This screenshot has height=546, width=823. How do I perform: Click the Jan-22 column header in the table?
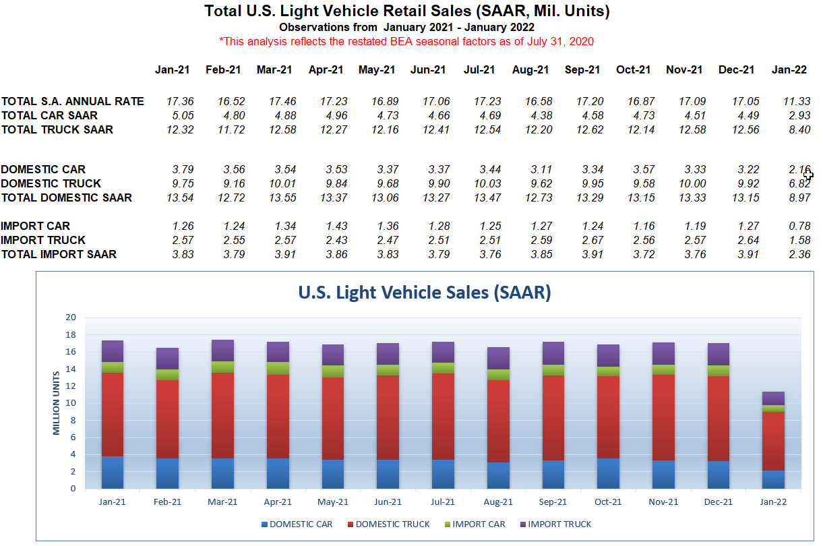tap(789, 70)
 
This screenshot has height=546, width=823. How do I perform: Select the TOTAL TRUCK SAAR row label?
tap(57, 129)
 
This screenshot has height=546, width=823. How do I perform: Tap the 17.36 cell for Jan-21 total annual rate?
tap(180, 101)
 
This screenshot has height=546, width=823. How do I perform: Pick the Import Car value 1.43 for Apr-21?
tap(334, 226)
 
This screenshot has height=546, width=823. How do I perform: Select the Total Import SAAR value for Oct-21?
tap(638, 254)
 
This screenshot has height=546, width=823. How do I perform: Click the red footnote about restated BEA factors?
tap(406, 41)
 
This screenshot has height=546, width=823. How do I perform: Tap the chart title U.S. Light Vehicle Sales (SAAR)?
tap(425, 293)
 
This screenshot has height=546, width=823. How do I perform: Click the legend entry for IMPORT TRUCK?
tap(559, 524)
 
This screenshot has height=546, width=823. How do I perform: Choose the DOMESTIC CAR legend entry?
tap(301, 524)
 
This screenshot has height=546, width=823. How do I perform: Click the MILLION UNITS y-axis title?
tap(58, 403)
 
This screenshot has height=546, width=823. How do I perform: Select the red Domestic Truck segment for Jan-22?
tap(773, 441)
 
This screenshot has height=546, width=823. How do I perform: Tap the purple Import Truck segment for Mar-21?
tap(222, 351)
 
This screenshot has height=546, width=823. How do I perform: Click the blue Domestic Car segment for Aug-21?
tap(498, 475)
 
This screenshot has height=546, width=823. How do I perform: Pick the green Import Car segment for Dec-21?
tap(718, 371)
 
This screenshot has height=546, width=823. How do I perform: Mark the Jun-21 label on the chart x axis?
tap(388, 502)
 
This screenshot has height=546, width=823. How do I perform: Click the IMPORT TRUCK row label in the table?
tap(43, 240)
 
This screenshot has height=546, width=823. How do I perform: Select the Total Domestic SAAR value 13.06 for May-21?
tap(384, 198)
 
